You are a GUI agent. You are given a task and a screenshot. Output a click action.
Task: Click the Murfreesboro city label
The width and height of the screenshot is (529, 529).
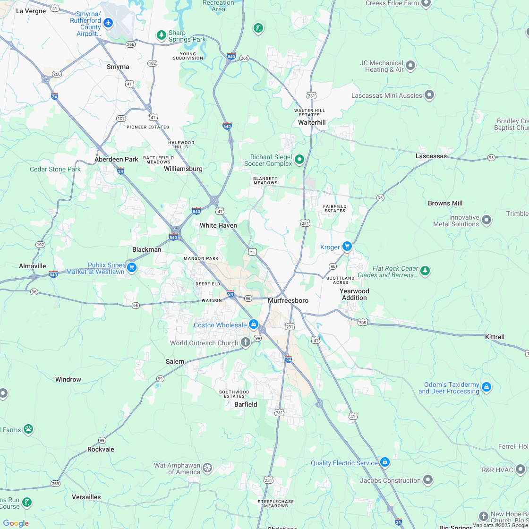coord(288,301)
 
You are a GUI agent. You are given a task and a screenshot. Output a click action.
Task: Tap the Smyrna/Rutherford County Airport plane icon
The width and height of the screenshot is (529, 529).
coord(109,22)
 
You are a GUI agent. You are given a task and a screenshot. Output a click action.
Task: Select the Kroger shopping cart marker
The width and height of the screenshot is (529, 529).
coord(347,246)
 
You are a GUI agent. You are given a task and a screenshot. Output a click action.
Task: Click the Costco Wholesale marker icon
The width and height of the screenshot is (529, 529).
coord(254,324)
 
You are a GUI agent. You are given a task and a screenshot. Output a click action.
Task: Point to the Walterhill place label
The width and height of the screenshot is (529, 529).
coord(312,122)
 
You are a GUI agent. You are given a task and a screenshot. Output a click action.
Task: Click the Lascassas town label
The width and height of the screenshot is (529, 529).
coord(431,156)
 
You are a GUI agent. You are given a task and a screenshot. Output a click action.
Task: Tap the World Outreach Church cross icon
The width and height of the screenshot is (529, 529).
coord(245,342)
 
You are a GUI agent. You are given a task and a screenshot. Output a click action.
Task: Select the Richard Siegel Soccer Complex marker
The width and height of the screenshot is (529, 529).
coord(299,160)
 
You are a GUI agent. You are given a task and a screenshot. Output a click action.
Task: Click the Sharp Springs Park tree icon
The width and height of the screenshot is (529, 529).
coord(162,35)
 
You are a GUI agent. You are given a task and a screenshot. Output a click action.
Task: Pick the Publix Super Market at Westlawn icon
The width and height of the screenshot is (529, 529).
coord(132,267)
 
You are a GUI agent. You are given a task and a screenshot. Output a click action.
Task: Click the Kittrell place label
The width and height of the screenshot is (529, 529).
coord(495,337)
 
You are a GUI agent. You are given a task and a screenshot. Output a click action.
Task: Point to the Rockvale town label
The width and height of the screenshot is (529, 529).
coord(101,449)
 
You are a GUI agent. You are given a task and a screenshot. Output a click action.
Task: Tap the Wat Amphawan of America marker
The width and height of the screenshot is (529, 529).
coord(207,468)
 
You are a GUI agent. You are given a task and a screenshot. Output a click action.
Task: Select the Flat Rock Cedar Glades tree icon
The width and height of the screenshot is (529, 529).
coord(425,271)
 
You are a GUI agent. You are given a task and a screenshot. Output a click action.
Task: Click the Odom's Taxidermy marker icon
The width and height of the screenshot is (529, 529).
coord(486,387)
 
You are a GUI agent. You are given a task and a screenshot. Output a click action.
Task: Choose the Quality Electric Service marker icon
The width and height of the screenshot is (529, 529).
coord(385,462)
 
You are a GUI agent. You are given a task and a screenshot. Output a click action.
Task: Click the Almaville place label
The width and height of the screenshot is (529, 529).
coord(33,266)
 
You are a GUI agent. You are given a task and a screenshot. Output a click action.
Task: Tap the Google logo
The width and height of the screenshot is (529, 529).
coord(16,523)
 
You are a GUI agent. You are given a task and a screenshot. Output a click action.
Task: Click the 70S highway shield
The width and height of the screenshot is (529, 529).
coord(362,323)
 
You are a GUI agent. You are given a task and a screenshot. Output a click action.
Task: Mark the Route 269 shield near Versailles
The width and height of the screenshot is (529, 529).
coord(56,483)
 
